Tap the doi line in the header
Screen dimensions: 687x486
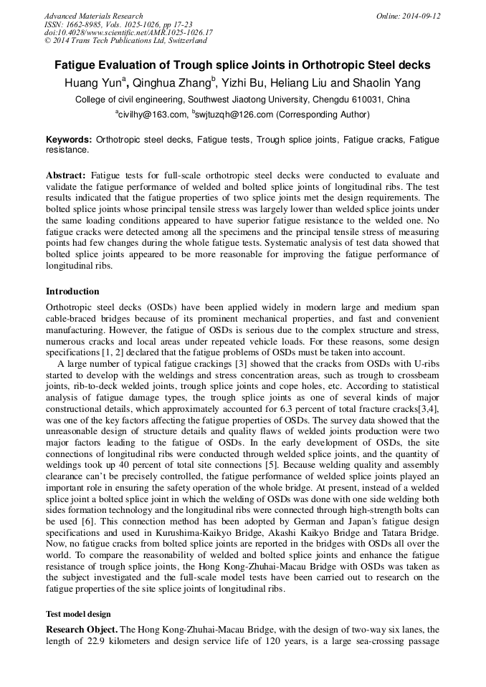coord(128,33)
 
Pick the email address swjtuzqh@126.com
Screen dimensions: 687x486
coord(234,114)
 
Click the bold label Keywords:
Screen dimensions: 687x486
coord(69,140)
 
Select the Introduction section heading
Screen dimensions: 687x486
coord(72,292)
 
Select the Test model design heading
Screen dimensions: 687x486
coord(78,614)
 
